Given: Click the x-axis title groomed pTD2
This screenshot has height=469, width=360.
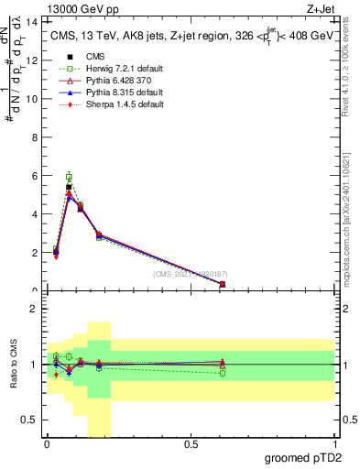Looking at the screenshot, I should tap(302, 457).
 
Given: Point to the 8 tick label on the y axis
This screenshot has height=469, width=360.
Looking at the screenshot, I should tap(34, 136).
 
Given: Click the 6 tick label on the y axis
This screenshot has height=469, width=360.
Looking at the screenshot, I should tap(34, 175).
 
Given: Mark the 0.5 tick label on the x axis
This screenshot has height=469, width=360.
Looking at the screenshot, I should tap(191, 444).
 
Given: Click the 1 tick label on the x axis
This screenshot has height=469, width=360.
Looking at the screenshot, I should tap(336, 444).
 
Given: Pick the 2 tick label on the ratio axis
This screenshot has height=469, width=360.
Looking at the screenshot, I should tap(34, 309).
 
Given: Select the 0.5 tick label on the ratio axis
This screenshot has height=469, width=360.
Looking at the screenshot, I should tap(29, 420).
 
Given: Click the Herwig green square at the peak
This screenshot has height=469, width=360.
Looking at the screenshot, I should tap(69, 177).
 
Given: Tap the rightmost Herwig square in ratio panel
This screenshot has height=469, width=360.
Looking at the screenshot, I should tap(223, 373).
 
